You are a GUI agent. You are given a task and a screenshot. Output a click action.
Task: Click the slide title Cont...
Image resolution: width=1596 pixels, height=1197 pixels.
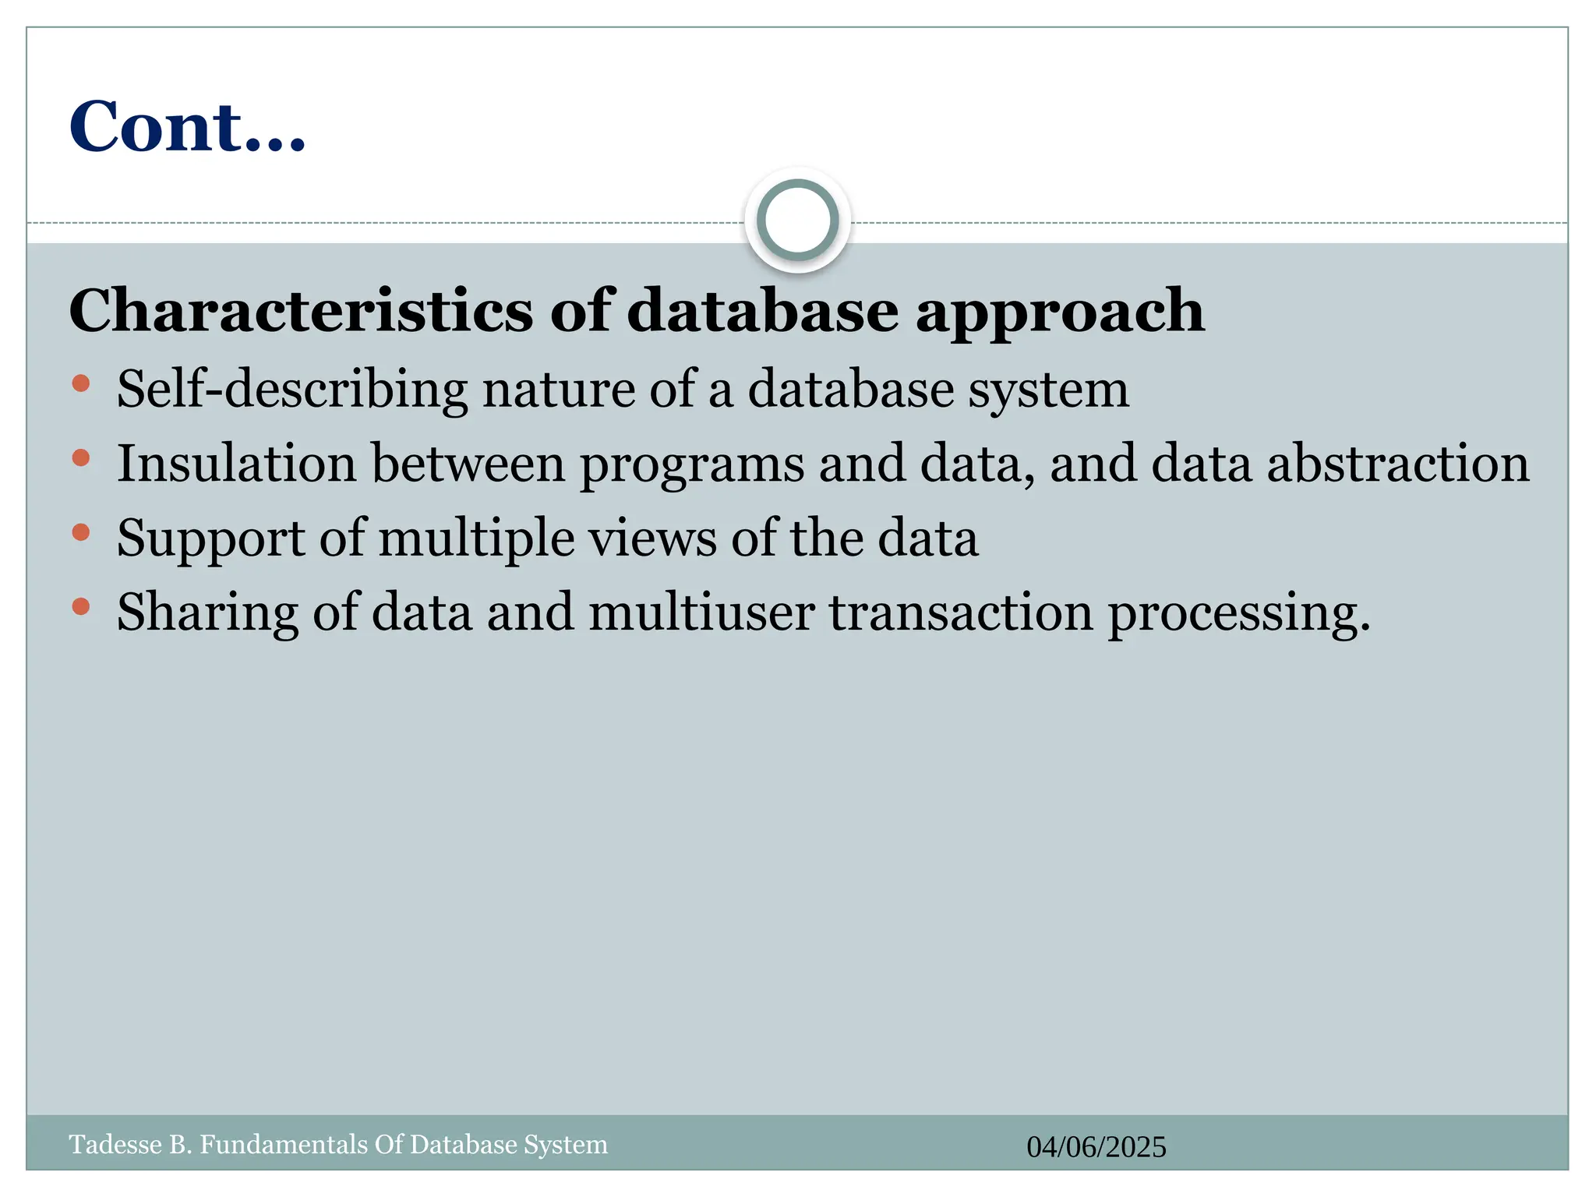point(187,127)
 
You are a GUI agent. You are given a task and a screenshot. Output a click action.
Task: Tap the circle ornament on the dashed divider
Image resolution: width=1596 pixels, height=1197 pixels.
point(797,220)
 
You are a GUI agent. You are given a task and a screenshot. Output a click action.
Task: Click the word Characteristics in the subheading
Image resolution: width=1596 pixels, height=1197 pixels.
point(301,311)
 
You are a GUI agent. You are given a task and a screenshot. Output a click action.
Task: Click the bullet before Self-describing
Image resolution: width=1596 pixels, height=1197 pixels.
point(81,383)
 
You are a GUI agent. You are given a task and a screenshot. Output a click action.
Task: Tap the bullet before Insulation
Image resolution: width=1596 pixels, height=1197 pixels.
point(81,457)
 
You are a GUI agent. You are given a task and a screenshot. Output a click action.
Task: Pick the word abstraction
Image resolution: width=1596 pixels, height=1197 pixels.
point(1398,464)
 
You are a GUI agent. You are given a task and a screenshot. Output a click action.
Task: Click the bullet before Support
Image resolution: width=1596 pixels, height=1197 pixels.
point(81,532)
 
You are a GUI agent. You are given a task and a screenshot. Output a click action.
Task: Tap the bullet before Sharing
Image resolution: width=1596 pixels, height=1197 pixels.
point(81,606)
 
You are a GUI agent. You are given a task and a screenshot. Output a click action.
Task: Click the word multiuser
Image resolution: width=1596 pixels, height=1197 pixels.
point(701,613)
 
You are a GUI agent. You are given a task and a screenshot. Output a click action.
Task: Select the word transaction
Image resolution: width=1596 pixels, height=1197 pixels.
point(961,613)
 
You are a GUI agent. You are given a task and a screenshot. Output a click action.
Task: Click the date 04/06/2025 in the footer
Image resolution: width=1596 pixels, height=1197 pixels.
point(1096,1147)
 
